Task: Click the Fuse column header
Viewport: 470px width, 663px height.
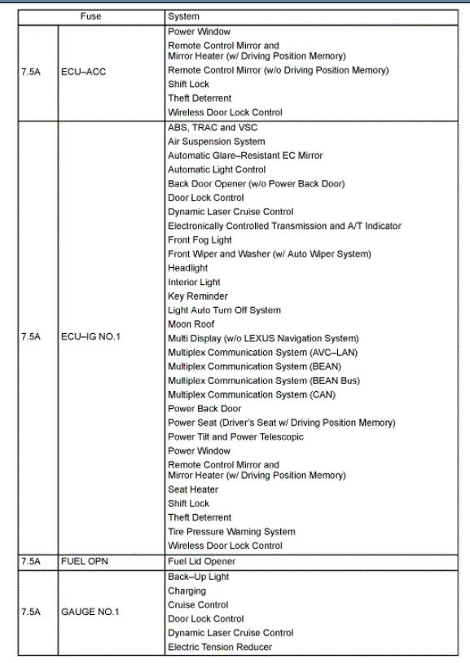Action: click(x=90, y=16)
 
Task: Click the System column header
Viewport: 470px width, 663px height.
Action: click(x=183, y=16)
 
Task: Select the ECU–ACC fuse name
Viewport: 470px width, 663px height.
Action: click(x=83, y=72)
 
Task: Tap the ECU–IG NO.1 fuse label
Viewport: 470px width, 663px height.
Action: click(x=90, y=336)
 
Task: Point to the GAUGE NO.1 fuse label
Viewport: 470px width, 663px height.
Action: click(x=90, y=612)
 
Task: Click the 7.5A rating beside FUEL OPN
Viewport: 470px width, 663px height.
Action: click(x=30, y=562)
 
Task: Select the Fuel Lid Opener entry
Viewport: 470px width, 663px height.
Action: click(x=201, y=562)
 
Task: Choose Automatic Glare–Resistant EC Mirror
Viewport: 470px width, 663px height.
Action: click(x=245, y=156)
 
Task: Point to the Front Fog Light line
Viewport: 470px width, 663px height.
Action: click(x=200, y=240)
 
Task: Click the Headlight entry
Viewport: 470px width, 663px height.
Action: click(x=187, y=268)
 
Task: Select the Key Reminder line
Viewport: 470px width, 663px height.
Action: click(x=198, y=296)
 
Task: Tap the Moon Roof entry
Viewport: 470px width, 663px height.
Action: click(x=191, y=324)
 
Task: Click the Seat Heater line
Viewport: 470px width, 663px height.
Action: click(x=193, y=490)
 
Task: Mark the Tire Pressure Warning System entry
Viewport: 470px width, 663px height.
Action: click(x=231, y=532)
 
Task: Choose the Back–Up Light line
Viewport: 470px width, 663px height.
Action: click(x=198, y=577)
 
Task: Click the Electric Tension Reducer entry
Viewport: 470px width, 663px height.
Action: click(x=220, y=648)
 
